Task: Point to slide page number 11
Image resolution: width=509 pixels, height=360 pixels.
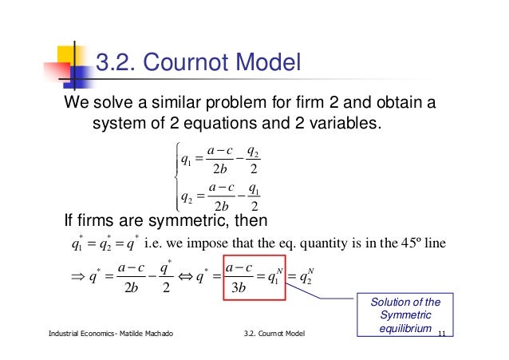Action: pyautogui.click(x=444, y=330)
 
